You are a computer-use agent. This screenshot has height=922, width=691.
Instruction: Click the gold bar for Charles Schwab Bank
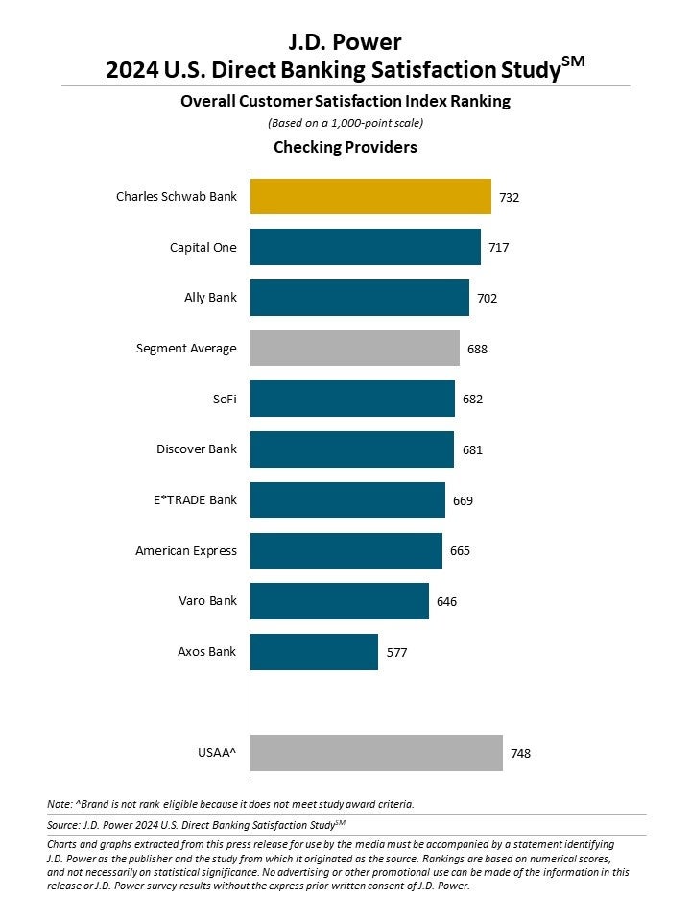[370, 197]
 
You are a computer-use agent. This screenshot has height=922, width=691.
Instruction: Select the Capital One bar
[365, 247]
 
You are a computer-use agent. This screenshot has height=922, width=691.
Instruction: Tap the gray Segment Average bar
[354, 348]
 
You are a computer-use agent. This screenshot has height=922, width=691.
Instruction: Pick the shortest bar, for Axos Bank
[314, 651]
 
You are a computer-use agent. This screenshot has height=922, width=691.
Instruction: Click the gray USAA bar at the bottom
[376, 753]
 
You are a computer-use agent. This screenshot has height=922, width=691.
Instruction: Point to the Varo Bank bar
[339, 601]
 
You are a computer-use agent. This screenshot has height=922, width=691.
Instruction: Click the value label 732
[509, 197]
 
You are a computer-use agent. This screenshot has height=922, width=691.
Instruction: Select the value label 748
[520, 753]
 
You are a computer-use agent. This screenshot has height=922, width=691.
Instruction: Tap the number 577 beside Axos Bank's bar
[395, 651]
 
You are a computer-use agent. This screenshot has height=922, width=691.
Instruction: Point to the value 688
[477, 349]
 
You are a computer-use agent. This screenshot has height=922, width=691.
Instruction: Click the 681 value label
[471, 449]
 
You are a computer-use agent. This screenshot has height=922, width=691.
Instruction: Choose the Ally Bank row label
[210, 298]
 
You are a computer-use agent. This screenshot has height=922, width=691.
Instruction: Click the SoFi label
[224, 399]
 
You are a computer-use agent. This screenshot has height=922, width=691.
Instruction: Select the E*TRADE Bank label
[188, 499]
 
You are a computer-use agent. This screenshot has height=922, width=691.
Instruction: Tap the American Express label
[186, 550]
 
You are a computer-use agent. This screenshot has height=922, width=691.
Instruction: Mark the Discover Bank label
[196, 449]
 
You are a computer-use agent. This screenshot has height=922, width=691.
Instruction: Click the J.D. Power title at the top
[345, 41]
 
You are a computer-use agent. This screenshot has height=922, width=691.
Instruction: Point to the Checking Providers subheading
[345, 147]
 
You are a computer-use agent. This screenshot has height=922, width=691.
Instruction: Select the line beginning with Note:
[230, 803]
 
